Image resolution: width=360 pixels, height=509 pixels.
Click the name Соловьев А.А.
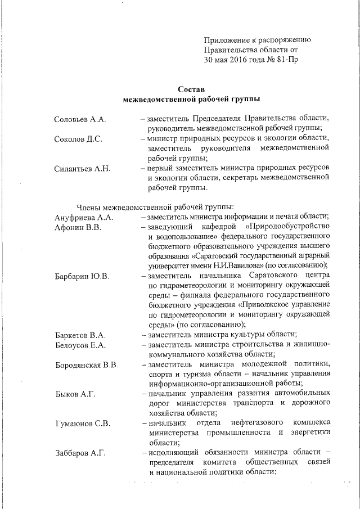point(80,120)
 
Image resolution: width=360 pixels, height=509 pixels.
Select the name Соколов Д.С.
point(78,139)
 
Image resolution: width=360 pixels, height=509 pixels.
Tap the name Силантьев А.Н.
point(82,168)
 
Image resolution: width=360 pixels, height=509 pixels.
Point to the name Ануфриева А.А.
point(84,217)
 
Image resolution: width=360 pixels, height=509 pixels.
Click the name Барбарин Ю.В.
point(82,276)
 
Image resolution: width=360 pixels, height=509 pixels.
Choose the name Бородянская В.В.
point(87,365)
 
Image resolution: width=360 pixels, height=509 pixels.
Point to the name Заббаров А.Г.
point(80,453)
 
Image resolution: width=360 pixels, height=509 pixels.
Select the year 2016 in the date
point(236,59)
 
